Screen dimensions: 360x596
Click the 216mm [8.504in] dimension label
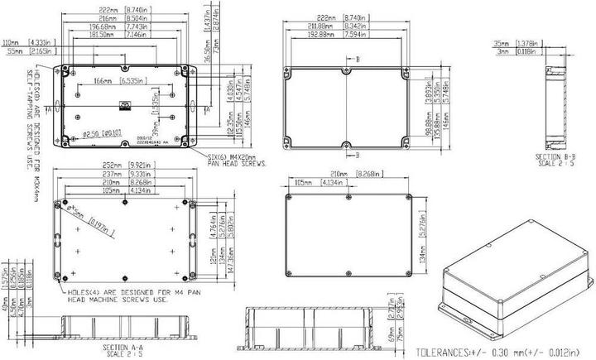(x=123, y=17)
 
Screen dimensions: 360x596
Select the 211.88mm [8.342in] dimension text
(x=343, y=26)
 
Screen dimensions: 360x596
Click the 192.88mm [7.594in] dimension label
(x=343, y=36)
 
